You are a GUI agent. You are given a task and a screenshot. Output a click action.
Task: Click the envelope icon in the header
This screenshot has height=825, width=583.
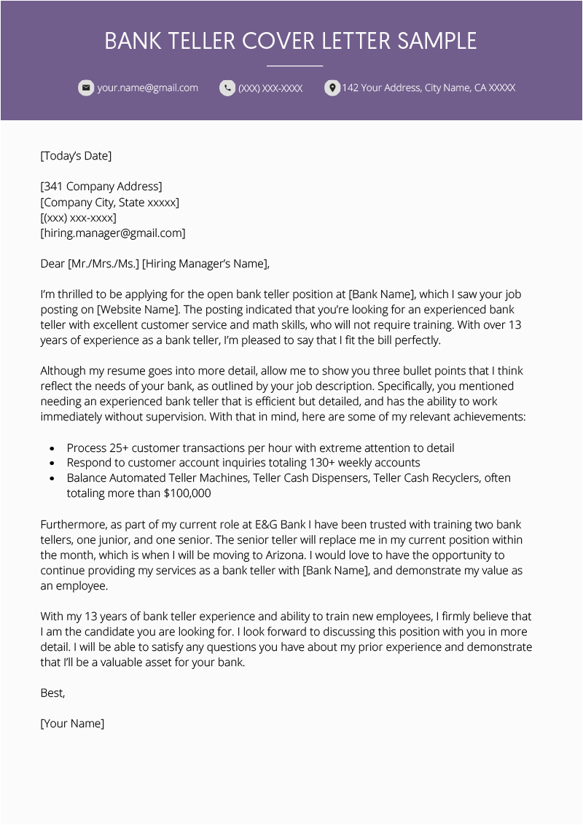86,88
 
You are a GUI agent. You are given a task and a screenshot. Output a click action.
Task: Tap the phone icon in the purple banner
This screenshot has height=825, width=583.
227,88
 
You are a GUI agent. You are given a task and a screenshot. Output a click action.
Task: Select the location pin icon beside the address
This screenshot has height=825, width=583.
332,88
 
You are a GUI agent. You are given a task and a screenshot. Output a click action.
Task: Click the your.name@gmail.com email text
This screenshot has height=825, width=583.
148,88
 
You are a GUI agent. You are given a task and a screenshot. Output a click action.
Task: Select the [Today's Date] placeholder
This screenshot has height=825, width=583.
76,155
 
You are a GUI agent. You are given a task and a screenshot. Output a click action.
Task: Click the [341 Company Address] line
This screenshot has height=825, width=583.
101,187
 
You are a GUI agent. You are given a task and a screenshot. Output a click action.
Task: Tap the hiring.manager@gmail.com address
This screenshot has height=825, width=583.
113,233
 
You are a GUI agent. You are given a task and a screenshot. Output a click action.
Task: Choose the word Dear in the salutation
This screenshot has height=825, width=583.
52,264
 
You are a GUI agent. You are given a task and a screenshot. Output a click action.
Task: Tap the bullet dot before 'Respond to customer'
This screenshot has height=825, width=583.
52,464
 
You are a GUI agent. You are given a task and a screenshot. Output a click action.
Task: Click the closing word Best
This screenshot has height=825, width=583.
52,693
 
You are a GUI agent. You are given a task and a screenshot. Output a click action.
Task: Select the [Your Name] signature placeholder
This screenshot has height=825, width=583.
72,724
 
